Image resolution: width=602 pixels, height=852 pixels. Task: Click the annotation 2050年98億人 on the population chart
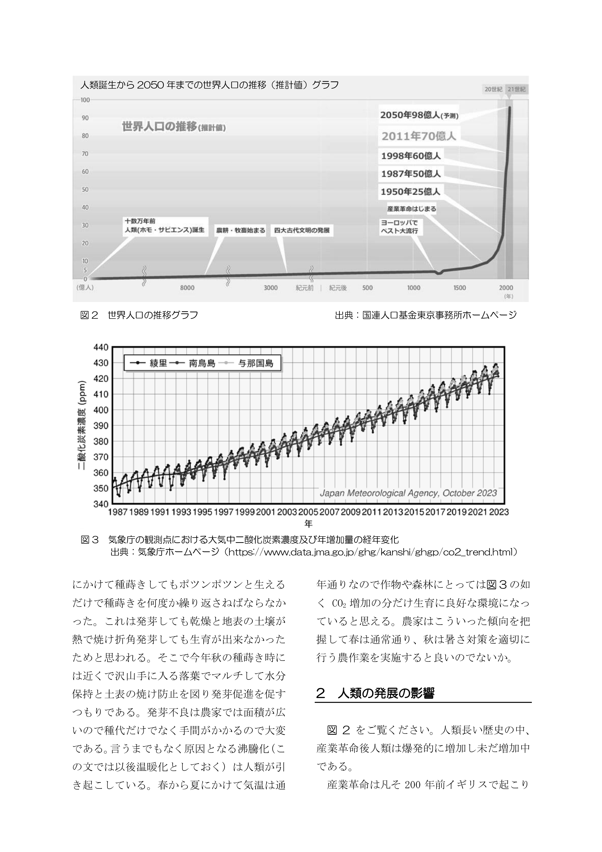click(419, 115)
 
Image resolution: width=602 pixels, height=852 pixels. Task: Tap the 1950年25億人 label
click(411, 192)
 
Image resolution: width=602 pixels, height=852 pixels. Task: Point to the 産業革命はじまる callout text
click(411, 209)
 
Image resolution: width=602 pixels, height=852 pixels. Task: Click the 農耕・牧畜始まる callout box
click(241, 230)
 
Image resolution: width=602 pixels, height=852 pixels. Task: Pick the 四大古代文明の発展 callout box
click(302, 230)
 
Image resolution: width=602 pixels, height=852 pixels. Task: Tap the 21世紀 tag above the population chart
click(516, 89)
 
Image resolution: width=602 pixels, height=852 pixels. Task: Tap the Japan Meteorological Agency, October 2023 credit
click(408, 493)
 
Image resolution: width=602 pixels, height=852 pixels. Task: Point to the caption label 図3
click(89, 540)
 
